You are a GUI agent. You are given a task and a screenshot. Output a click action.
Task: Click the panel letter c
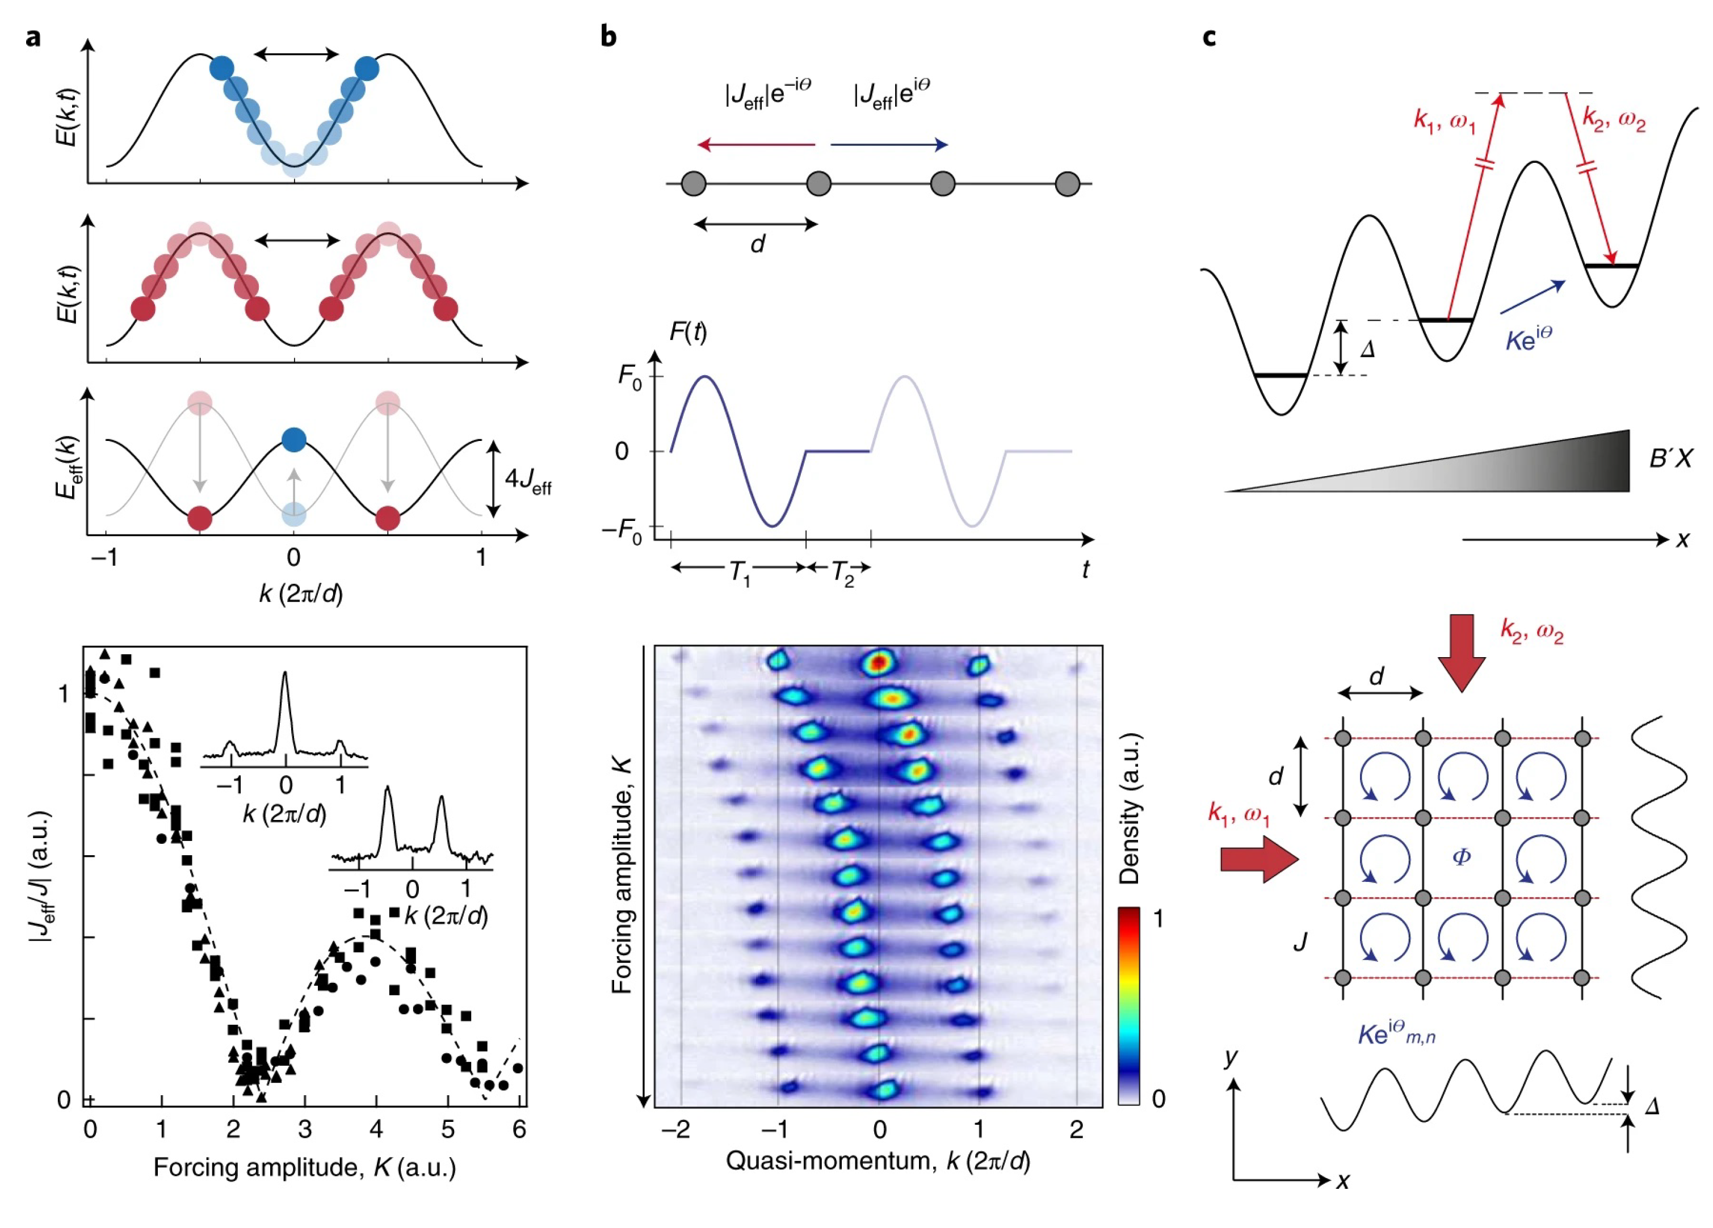click(1209, 36)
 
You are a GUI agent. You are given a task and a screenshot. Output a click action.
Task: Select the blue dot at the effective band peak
click(294, 440)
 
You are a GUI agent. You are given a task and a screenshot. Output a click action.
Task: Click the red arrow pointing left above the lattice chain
click(756, 144)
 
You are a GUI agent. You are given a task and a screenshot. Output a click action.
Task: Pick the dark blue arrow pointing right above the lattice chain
click(889, 144)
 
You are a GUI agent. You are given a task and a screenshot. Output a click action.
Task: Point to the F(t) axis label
click(688, 331)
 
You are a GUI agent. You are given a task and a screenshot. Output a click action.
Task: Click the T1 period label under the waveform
click(740, 573)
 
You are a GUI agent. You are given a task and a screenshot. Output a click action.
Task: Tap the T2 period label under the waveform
click(842, 573)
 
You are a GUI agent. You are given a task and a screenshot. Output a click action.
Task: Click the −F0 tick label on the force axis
click(622, 530)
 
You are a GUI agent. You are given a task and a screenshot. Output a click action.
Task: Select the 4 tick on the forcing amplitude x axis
click(375, 1129)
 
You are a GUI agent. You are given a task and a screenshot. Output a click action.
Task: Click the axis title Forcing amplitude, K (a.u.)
click(304, 1168)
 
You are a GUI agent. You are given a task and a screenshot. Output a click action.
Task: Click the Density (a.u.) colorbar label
click(1130, 808)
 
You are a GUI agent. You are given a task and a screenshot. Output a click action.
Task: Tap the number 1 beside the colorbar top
click(1158, 919)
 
